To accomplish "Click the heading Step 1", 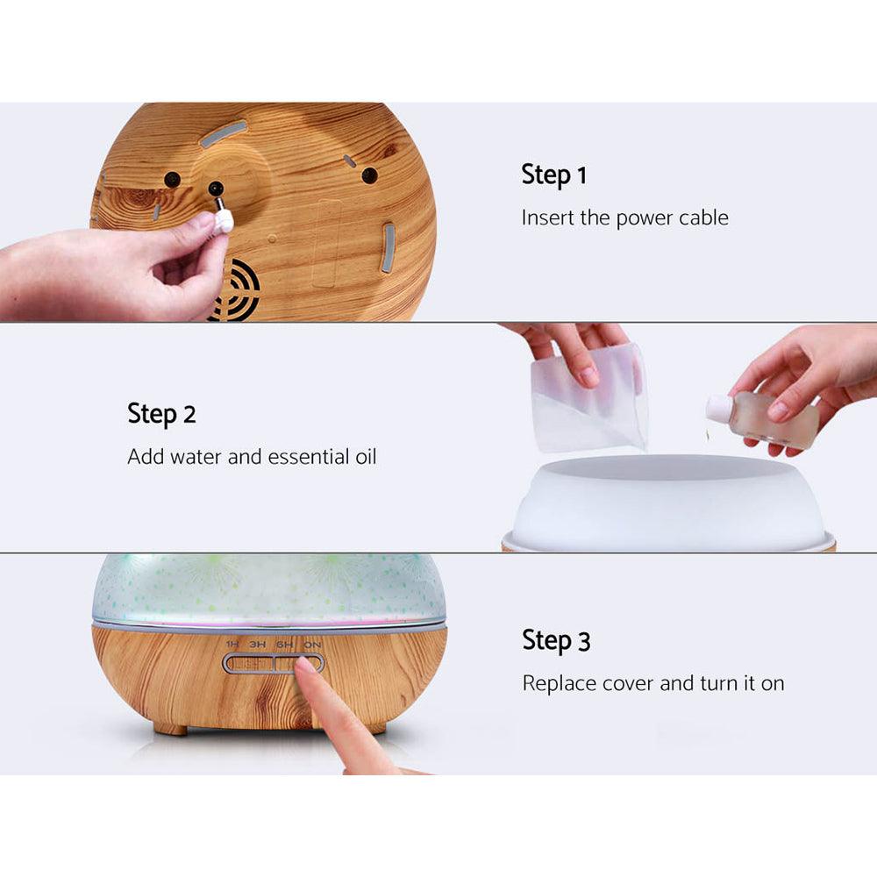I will coord(553,175).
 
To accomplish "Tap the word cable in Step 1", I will coord(701,217).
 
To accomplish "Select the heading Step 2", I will coord(161,413).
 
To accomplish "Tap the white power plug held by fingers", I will coord(224,218).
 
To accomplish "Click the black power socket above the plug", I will coord(215,188).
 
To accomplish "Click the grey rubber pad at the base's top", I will coord(223,135).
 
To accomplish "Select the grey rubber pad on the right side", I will coord(388,247).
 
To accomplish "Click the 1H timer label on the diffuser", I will coord(232,645).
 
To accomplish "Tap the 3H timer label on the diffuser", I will coord(259,645).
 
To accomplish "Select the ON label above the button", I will coord(311,645).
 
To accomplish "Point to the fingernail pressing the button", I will coord(304,667).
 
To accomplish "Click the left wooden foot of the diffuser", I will coord(170,728).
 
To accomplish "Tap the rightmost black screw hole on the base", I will coord(369,175).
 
